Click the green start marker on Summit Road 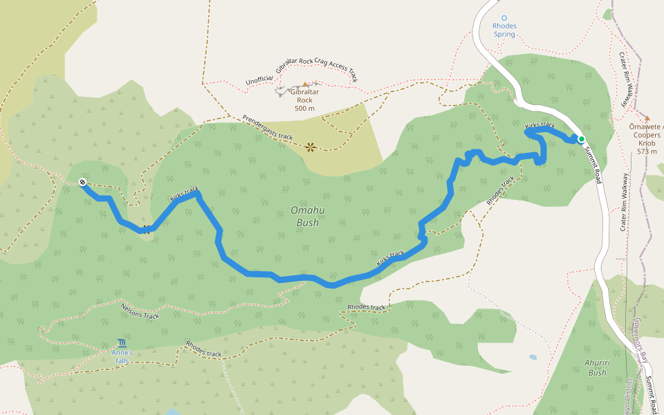[582, 139]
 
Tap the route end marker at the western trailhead [82, 183]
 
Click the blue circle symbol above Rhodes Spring [504, 18]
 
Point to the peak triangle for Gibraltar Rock [304, 84]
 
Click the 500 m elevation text [304, 108]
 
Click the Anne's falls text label [122, 356]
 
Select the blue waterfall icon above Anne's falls [122, 344]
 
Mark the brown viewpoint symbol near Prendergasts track [310, 147]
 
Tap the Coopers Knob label [647, 135]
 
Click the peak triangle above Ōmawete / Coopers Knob [647, 118]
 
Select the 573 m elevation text [647, 151]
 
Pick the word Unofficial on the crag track [259, 81]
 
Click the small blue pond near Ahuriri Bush [532, 358]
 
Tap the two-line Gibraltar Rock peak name [304, 95]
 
